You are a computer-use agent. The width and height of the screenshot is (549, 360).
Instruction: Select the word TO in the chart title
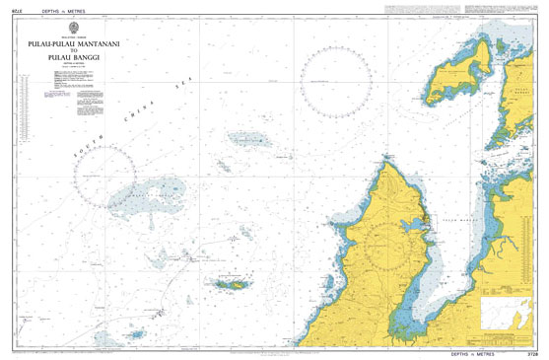click(x=75, y=50)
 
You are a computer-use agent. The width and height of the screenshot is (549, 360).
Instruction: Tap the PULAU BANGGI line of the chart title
click(x=75, y=58)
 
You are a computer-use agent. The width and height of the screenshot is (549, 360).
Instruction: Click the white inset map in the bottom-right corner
click(x=509, y=315)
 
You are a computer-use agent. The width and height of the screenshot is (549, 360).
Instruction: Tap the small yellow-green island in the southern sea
click(x=232, y=285)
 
